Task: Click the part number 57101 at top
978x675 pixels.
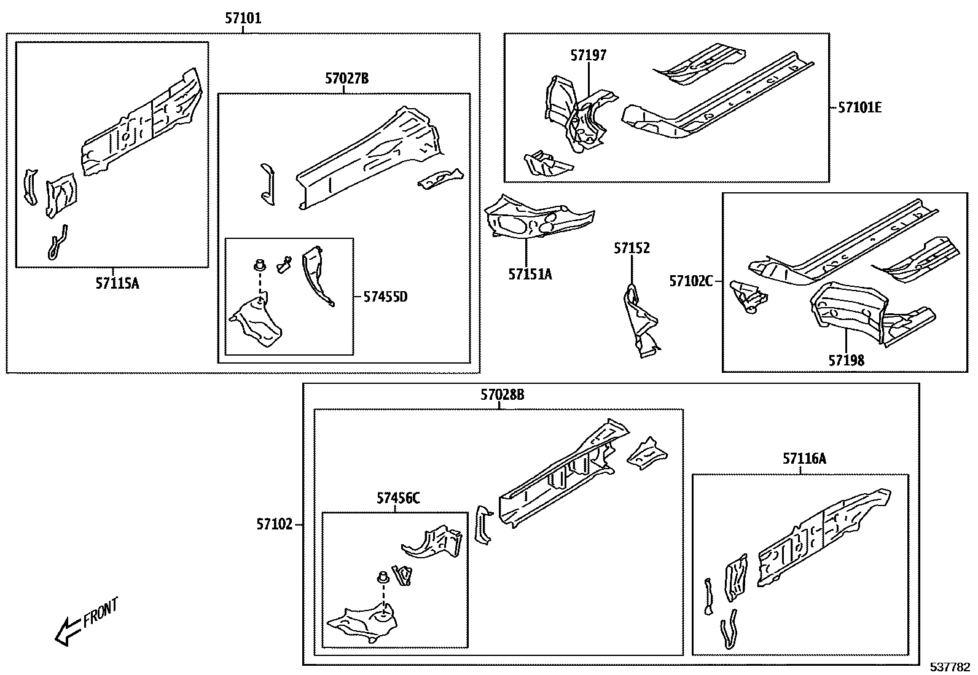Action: (x=243, y=18)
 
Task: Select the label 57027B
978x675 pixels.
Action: (x=347, y=79)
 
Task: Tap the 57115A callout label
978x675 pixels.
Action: (x=117, y=283)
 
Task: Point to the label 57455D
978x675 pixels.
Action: (x=385, y=297)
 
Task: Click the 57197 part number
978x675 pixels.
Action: (x=588, y=55)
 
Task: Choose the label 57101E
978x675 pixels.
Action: (x=860, y=107)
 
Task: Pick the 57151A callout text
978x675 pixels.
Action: (x=530, y=274)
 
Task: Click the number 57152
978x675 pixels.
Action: (x=632, y=248)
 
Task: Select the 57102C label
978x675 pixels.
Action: (x=691, y=281)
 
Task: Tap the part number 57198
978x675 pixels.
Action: (x=846, y=360)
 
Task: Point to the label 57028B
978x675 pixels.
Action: (x=503, y=395)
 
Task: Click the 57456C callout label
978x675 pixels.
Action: (x=398, y=497)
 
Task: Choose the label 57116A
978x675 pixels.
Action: (x=804, y=458)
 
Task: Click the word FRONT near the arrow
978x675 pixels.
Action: (x=100, y=611)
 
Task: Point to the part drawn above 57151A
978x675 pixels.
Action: (x=538, y=218)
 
